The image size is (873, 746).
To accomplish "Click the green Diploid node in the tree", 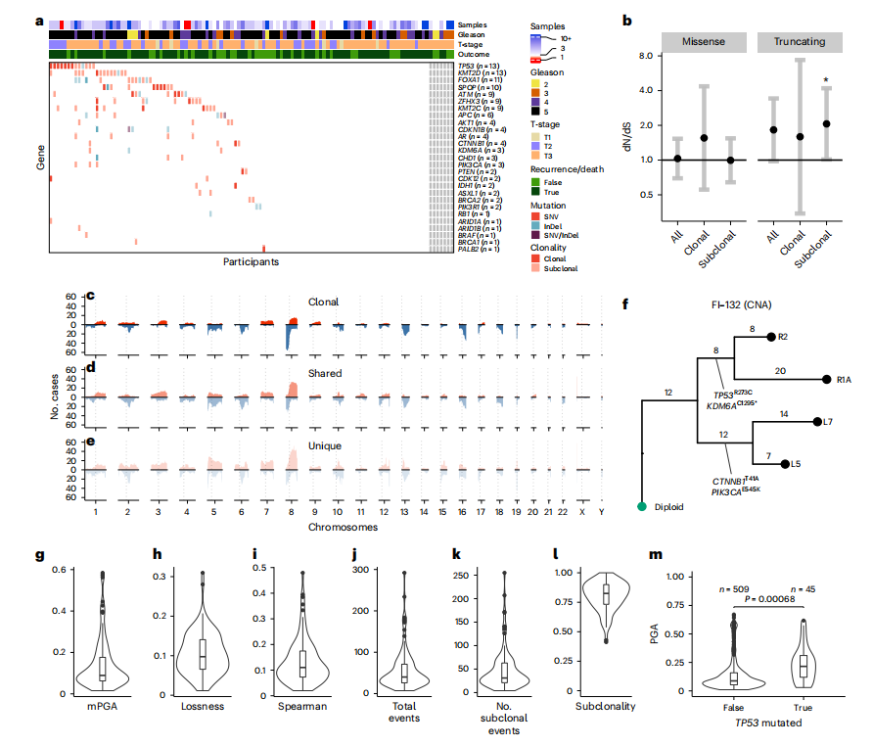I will pyautogui.click(x=642, y=506).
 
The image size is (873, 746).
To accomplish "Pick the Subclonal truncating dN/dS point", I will pyautogui.click(x=827, y=124).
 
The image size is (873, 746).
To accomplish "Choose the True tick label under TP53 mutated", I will pyautogui.click(x=803, y=709).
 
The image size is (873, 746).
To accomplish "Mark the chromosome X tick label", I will pyautogui.click(x=581, y=510).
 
